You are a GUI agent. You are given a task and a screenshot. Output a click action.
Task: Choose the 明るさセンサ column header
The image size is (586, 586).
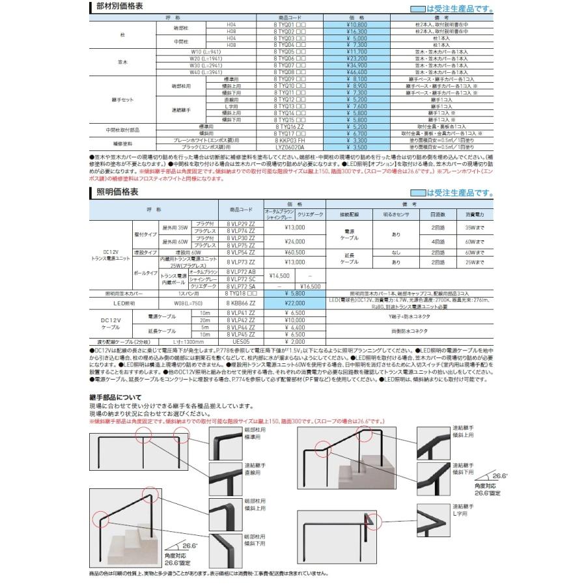coord(393,214)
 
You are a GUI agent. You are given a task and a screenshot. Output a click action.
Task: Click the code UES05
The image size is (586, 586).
coord(242,341)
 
